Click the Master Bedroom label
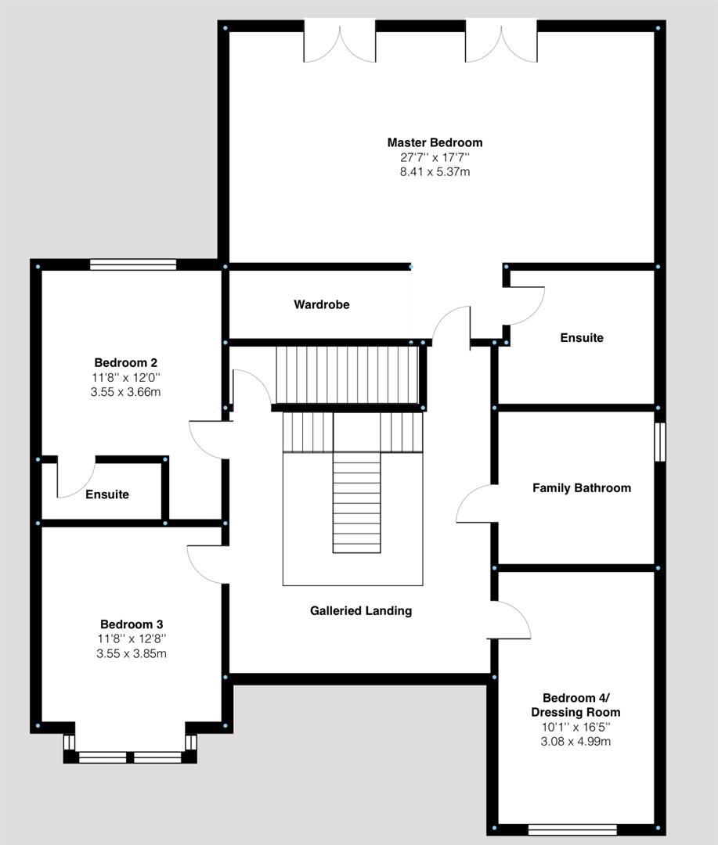[x=435, y=142]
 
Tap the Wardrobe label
[x=322, y=304]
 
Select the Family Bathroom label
[x=581, y=488]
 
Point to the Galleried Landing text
[x=361, y=611]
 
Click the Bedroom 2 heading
[x=126, y=363]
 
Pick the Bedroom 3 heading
[x=132, y=624]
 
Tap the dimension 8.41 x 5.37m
[x=435, y=171]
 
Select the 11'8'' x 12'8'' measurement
[x=132, y=639]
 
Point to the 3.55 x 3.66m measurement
[x=126, y=392]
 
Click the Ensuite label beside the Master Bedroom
[x=582, y=338]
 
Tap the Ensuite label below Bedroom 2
[x=107, y=494]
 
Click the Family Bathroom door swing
[x=474, y=505]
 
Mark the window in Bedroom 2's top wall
[x=133, y=264]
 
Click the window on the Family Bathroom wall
[x=660, y=443]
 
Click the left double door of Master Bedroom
[x=340, y=43]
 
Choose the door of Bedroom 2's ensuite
[x=75, y=479]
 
